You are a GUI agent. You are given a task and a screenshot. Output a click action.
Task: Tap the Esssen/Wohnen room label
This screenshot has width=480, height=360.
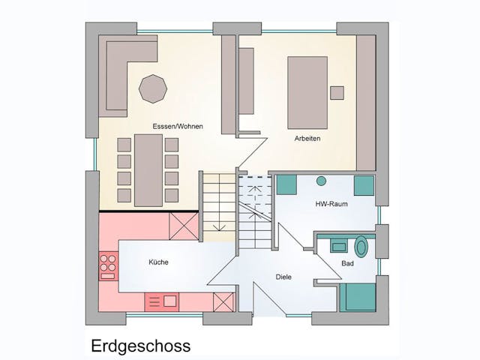click(177, 127)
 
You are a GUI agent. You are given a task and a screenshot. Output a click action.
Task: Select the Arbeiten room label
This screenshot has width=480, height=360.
click(307, 138)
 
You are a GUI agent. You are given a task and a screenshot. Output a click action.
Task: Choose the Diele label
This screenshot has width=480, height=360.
click(283, 277)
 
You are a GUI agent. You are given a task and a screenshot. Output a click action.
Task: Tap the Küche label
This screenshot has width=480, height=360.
click(158, 262)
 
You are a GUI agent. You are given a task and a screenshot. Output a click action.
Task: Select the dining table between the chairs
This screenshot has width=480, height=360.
click(148, 169)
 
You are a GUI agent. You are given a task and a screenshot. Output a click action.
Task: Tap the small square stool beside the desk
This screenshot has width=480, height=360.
click(337, 93)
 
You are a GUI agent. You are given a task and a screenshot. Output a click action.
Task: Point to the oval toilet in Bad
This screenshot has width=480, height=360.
click(362, 246)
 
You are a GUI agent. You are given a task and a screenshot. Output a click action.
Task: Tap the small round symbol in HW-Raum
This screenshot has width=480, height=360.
click(322, 181)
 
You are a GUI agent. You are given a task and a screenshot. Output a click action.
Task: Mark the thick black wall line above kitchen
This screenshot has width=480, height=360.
click(148, 211)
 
